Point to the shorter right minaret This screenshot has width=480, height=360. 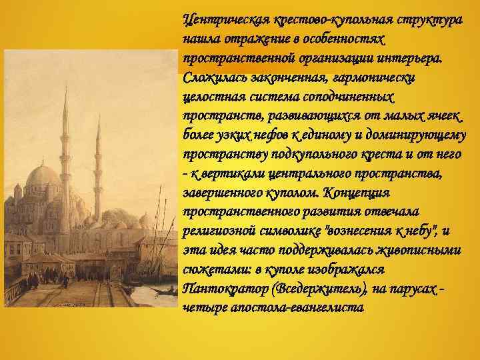(x=97, y=167)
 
